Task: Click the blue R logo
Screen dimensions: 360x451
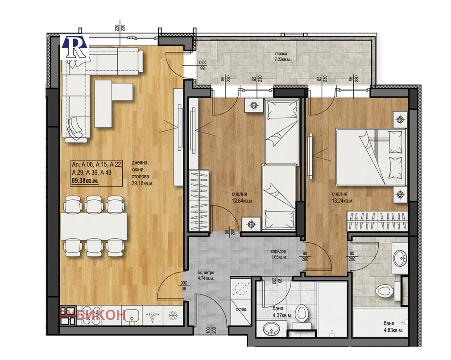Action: tap(74, 46)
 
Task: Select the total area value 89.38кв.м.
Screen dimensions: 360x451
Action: tap(85, 181)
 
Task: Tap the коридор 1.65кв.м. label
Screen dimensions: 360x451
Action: tap(277, 254)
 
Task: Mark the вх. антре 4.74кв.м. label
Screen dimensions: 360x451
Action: tap(206, 275)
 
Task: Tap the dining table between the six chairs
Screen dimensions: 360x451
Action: tap(94, 225)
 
